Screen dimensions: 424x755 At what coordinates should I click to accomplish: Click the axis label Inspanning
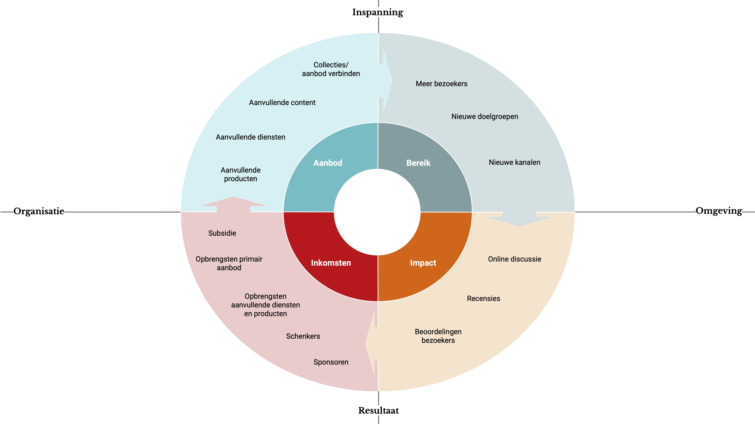[x=377, y=12]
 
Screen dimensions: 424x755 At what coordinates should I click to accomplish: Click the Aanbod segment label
[x=328, y=163]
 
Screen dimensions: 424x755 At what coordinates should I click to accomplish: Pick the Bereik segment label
[x=418, y=163]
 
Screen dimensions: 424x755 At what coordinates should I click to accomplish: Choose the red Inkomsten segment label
[x=331, y=263]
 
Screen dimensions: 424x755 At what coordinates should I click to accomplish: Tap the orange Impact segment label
[x=423, y=263]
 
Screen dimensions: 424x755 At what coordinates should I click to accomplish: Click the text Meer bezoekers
[x=441, y=84]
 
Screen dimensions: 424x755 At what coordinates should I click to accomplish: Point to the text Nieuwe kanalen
[x=514, y=162]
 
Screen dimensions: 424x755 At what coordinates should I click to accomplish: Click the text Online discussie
[x=514, y=259]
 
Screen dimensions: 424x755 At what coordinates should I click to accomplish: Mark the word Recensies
[x=483, y=298]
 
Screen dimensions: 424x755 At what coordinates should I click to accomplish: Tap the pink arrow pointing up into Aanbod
[x=234, y=203]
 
